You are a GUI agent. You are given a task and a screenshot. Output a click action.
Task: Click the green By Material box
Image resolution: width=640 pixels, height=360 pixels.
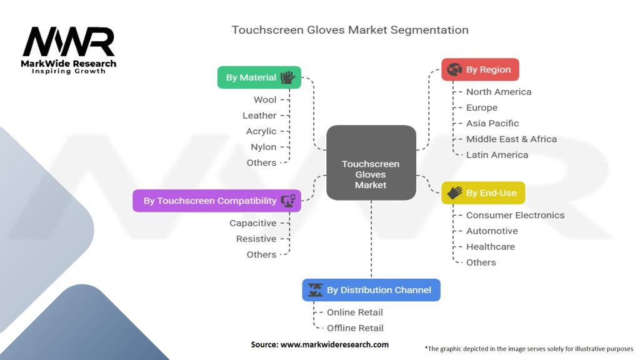point(259,77)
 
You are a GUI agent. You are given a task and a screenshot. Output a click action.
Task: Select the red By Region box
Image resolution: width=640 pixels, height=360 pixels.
point(480,69)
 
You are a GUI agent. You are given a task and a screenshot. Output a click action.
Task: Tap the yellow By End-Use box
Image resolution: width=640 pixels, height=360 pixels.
point(483,192)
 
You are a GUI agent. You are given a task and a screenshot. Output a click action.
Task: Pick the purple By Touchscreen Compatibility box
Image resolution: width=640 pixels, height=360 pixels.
point(217,201)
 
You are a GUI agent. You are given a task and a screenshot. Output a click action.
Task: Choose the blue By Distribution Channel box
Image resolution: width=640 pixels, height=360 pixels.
point(371,290)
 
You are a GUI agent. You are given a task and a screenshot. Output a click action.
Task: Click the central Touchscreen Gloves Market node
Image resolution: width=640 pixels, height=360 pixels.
point(371,162)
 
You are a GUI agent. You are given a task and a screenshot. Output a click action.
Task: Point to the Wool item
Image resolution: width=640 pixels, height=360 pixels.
point(265,99)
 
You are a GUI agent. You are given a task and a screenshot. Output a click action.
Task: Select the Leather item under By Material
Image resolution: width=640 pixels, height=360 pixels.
point(259,116)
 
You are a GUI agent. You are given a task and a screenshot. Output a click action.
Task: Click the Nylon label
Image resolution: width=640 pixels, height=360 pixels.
point(263,147)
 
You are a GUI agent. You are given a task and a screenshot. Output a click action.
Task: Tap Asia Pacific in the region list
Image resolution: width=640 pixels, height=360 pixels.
point(492,123)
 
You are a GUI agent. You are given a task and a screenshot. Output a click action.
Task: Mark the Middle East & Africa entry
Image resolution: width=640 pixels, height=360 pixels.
point(511,139)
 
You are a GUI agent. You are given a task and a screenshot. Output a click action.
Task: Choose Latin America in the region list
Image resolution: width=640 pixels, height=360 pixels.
point(497,155)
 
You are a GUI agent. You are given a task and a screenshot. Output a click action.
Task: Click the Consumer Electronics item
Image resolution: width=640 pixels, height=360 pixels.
point(515,215)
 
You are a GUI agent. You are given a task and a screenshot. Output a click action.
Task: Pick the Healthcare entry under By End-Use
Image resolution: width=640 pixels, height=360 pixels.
point(490,246)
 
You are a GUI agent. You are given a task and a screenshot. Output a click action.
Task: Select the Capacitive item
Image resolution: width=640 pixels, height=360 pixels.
point(252,223)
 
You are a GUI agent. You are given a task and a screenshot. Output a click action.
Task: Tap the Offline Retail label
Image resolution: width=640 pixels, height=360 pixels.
point(355,327)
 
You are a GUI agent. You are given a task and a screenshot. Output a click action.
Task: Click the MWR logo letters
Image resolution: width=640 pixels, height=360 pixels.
point(69,42)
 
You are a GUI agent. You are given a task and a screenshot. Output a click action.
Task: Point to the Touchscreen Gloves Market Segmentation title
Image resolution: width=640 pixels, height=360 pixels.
point(350,30)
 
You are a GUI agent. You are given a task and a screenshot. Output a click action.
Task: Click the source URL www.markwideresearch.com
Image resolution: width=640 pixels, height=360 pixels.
point(334,344)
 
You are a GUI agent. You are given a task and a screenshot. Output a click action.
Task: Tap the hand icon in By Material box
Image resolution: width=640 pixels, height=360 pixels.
point(287,77)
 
